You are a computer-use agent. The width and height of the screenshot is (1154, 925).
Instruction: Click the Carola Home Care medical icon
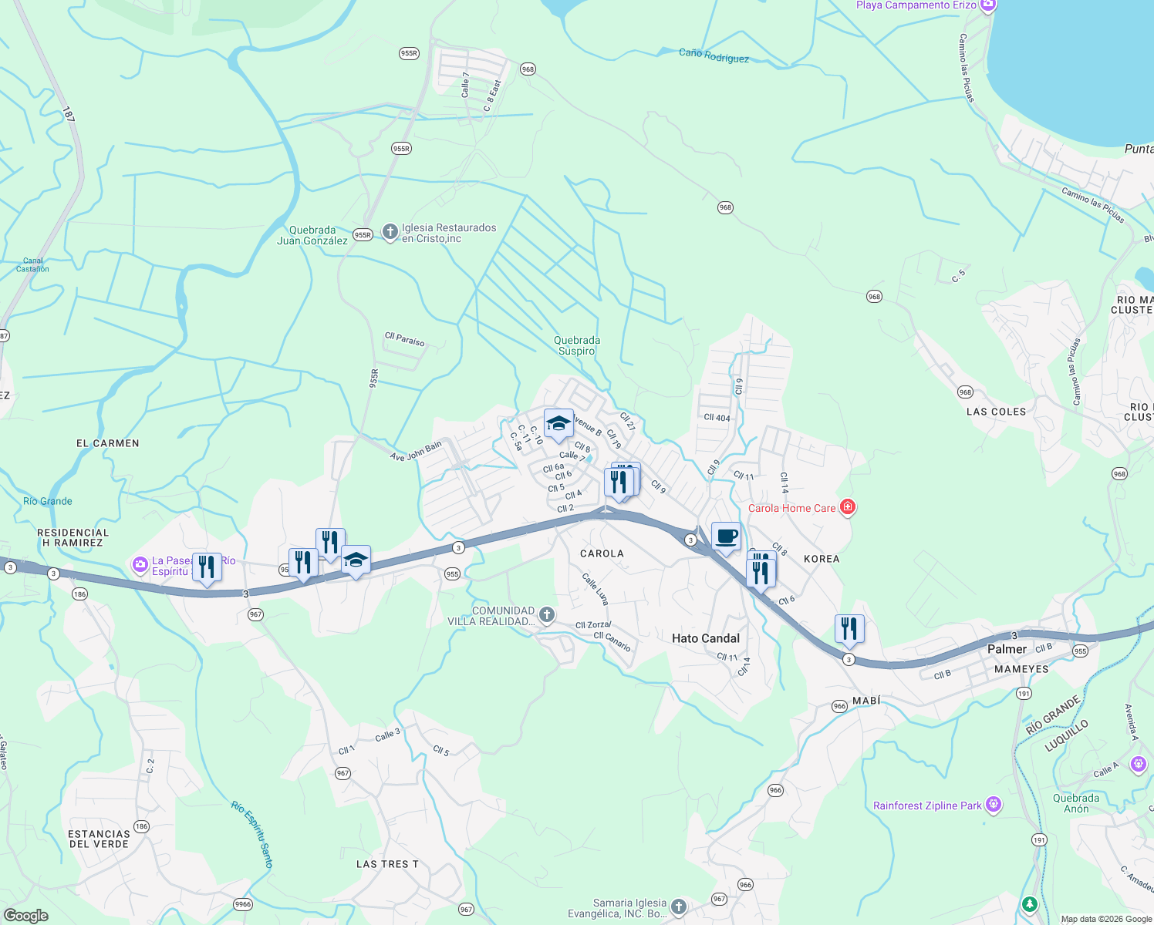tap(847, 507)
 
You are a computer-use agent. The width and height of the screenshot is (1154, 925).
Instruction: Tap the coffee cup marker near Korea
tap(726, 536)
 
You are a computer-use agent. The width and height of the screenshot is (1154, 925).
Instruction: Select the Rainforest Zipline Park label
tap(927, 806)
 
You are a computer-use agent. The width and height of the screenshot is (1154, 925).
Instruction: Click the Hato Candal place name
tap(705, 638)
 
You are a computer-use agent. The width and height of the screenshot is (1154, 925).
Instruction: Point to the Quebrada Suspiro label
tap(576, 345)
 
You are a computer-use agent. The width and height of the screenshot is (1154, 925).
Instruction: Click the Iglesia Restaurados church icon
tap(390, 231)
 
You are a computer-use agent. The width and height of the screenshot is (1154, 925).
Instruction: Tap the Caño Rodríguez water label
tap(714, 55)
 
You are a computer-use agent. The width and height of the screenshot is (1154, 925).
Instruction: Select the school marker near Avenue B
tap(558, 423)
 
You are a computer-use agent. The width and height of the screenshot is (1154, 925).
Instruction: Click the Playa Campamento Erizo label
tap(916, 5)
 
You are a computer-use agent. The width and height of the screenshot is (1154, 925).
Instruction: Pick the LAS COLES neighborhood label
tap(996, 412)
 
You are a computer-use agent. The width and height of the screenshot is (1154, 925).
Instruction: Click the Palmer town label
tap(1007, 649)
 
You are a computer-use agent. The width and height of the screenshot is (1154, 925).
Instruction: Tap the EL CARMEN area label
tap(108, 443)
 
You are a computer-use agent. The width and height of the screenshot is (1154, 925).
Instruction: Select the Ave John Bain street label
tap(416, 452)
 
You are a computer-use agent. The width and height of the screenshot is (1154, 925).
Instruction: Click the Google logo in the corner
tap(26, 916)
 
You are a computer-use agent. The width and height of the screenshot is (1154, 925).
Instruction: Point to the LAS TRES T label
tap(387, 864)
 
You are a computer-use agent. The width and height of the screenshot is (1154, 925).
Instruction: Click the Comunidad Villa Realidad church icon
tap(546, 614)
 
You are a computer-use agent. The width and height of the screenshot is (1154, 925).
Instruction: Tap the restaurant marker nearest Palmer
tap(849, 629)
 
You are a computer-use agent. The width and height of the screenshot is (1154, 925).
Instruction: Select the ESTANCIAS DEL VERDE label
tap(99, 839)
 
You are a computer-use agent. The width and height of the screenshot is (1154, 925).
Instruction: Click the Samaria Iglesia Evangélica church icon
tap(678, 907)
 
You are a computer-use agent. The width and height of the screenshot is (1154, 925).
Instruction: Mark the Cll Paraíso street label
tap(404, 339)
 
